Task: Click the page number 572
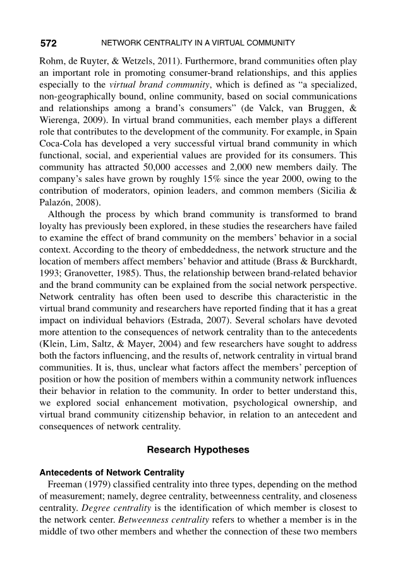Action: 49,44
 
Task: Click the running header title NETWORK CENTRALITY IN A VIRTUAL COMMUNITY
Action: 198,44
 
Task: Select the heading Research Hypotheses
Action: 198,450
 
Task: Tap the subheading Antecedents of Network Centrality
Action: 102,472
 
